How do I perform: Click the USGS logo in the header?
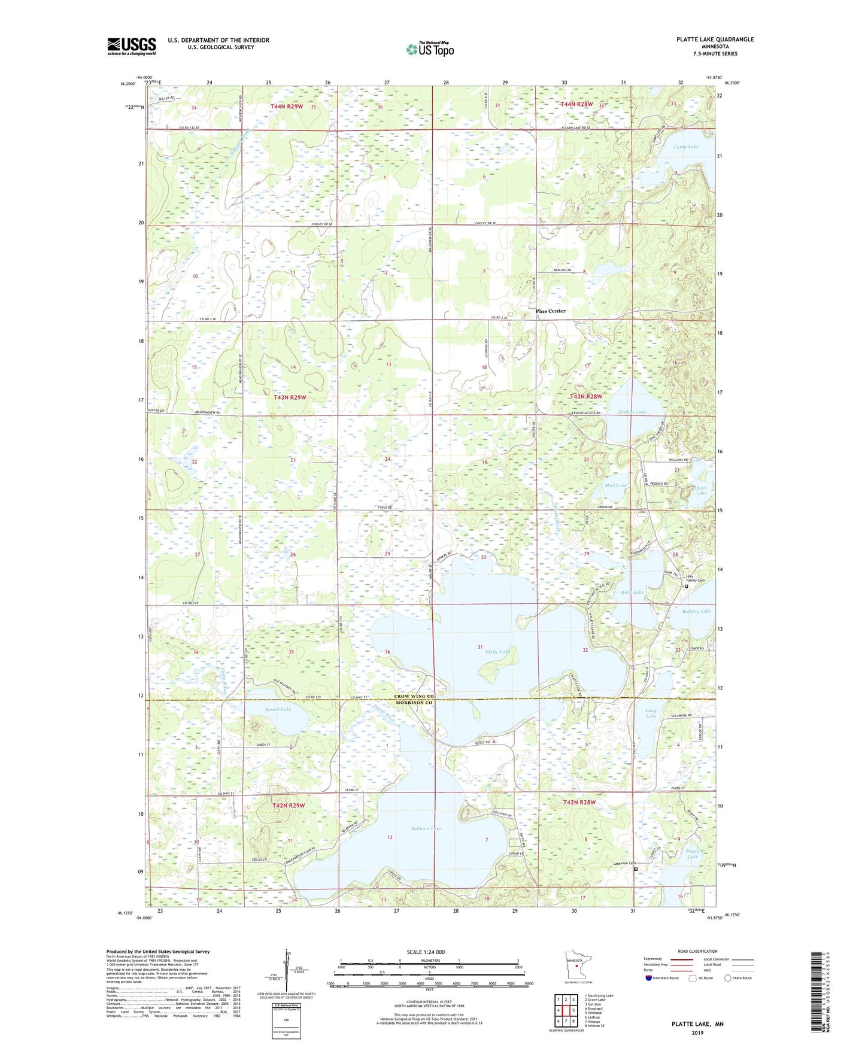pyautogui.click(x=132, y=46)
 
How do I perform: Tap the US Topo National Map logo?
pyautogui.click(x=430, y=49)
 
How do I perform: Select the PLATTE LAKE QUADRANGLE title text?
pyautogui.click(x=715, y=40)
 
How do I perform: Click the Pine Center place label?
pyautogui.click(x=550, y=311)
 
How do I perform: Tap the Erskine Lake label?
pyautogui.click(x=632, y=412)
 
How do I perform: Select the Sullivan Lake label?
pyautogui.click(x=427, y=828)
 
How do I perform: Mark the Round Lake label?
pyautogui.click(x=278, y=709)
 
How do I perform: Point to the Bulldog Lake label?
pyautogui.click(x=696, y=611)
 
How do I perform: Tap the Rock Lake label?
pyautogui.click(x=632, y=592)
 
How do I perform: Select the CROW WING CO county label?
pyautogui.click(x=414, y=697)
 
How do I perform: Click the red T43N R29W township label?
pyautogui.click(x=290, y=397)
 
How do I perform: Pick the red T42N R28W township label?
pyautogui.click(x=579, y=802)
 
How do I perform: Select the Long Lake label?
pyautogui.click(x=651, y=713)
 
